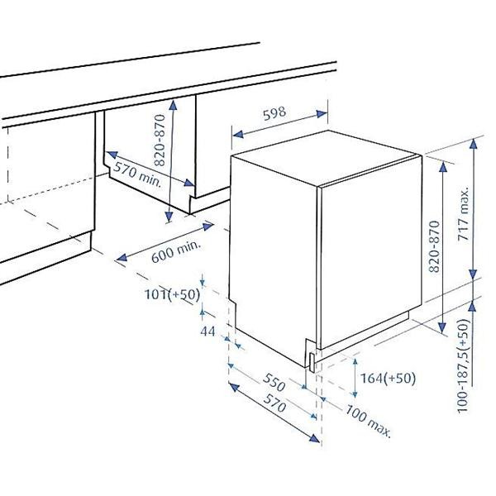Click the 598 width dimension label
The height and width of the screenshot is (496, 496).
click(274, 113)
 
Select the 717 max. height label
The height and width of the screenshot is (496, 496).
click(464, 215)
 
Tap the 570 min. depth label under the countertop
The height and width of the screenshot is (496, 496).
click(138, 174)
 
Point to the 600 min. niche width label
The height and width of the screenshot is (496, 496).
click(176, 252)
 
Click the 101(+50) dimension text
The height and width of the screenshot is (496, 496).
click(173, 294)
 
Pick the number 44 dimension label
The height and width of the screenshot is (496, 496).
click(207, 331)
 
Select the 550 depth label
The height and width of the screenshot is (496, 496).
click(274, 383)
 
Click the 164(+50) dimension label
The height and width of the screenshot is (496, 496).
click(389, 378)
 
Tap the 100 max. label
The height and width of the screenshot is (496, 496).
click(368, 421)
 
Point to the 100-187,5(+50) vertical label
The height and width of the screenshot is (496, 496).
click(463, 366)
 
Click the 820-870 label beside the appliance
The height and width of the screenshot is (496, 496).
click(434, 246)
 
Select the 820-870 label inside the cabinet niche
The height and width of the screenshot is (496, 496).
click(160, 141)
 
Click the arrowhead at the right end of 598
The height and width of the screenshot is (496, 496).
click(322, 114)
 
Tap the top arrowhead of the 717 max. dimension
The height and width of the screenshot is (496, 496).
click(473, 144)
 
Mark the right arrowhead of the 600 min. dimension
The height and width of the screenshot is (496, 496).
click(208, 227)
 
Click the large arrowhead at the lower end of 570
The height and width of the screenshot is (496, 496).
click(314, 438)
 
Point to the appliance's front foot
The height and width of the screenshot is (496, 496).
click(312, 363)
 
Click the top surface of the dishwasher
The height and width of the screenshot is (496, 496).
click(327, 157)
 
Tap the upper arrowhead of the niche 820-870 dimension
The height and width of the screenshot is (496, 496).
click(173, 105)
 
